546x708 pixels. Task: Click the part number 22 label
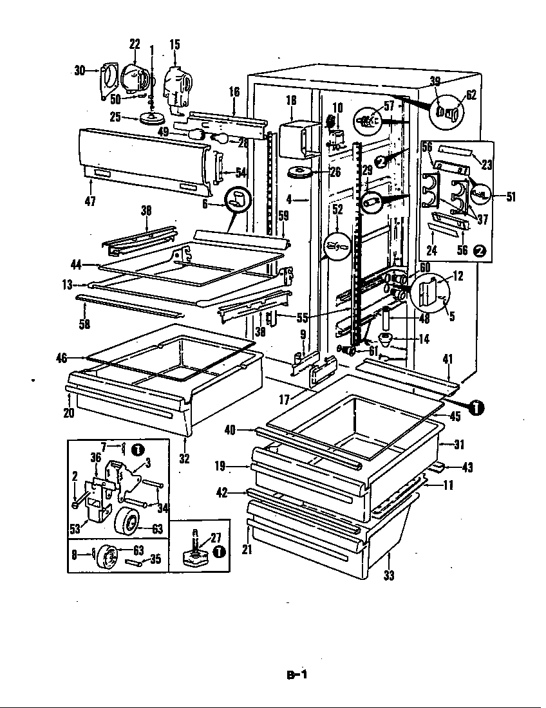[135, 44]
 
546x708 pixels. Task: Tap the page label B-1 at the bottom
[297, 675]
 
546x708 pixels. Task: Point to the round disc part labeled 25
[153, 119]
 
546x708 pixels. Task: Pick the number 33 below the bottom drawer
[388, 575]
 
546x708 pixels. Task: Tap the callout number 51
[511, 197]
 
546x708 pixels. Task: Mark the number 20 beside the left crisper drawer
[69, 414]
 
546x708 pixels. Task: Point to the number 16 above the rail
[234, 92]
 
